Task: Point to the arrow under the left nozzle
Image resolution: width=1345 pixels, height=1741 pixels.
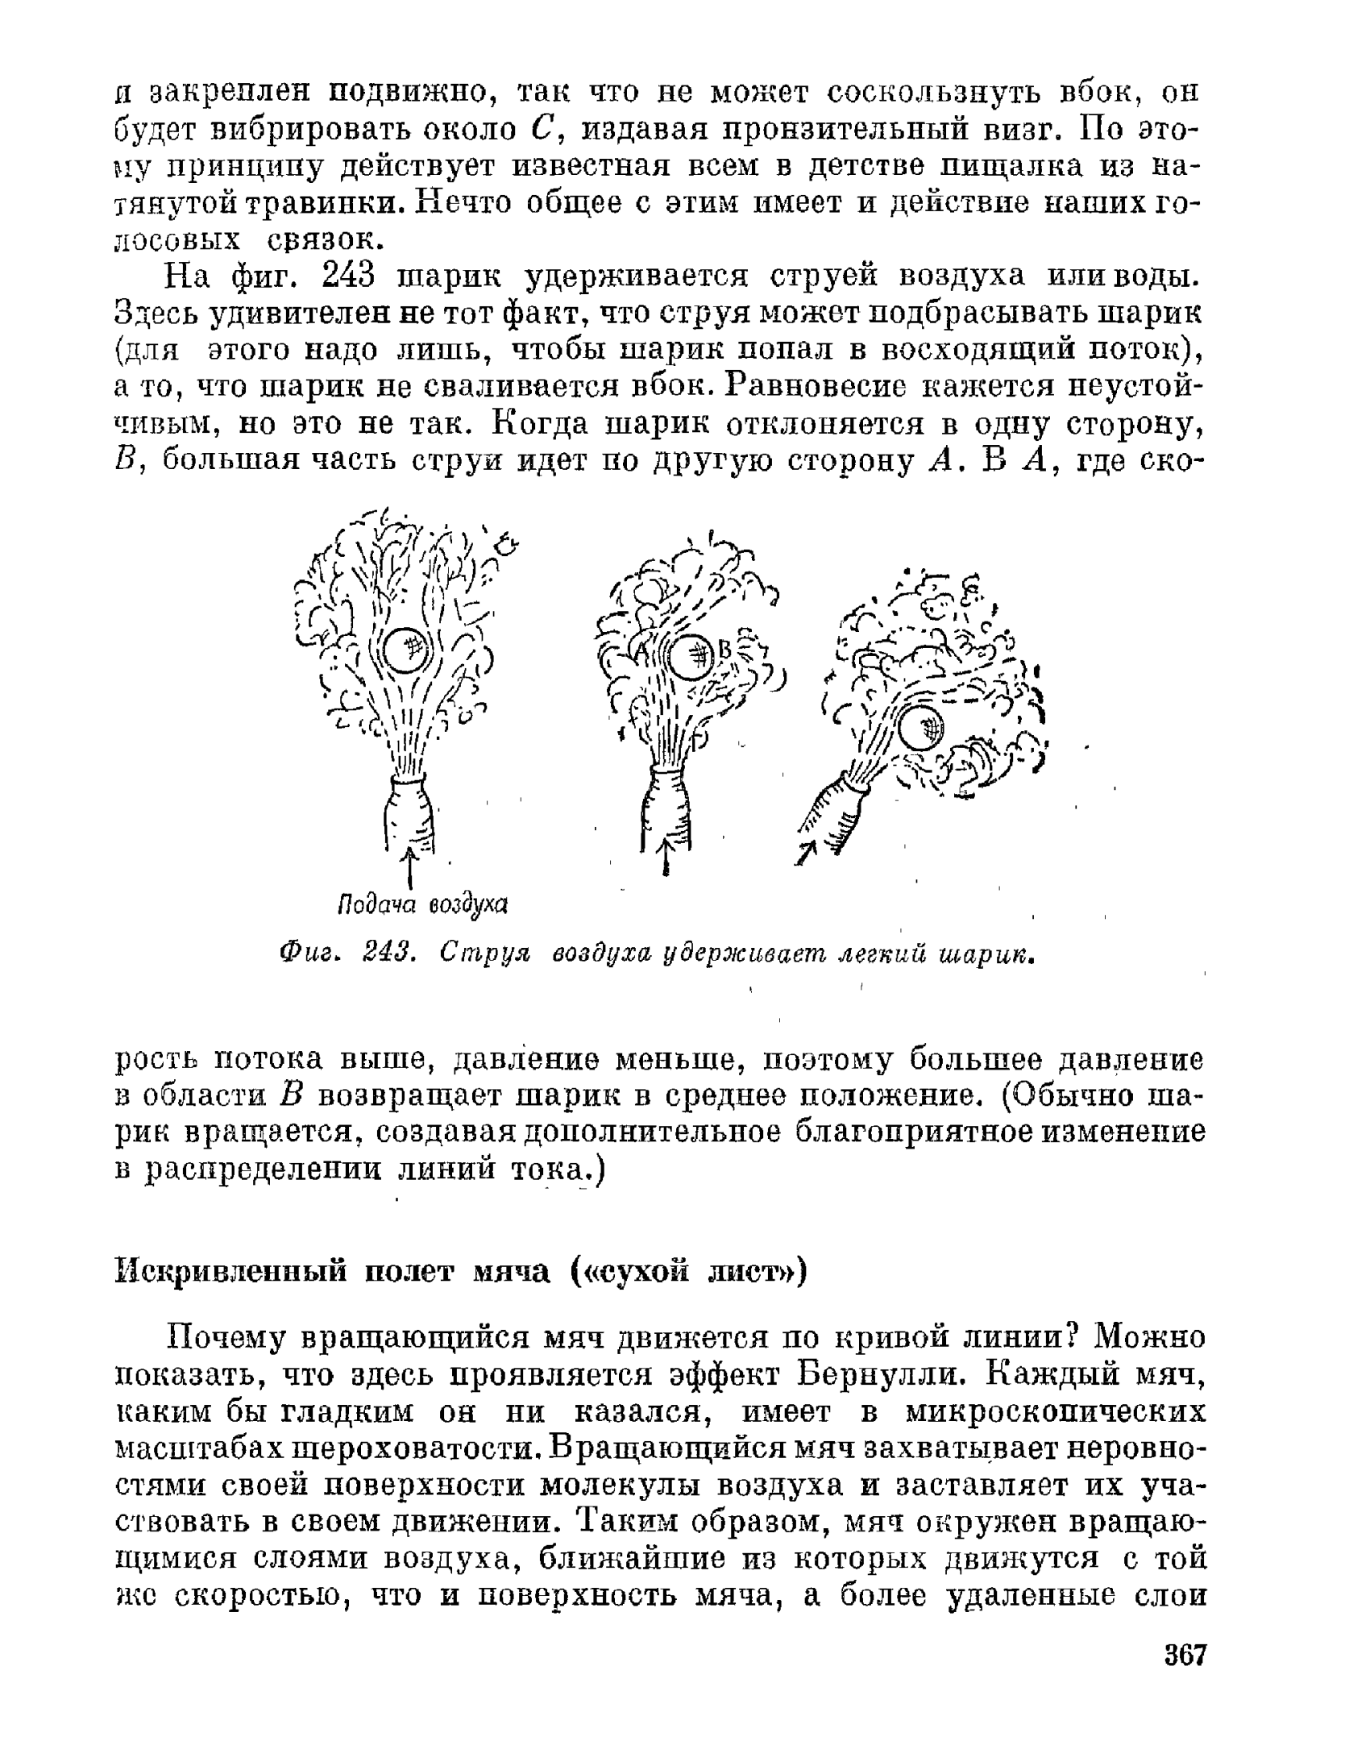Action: [x=410, y=866]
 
